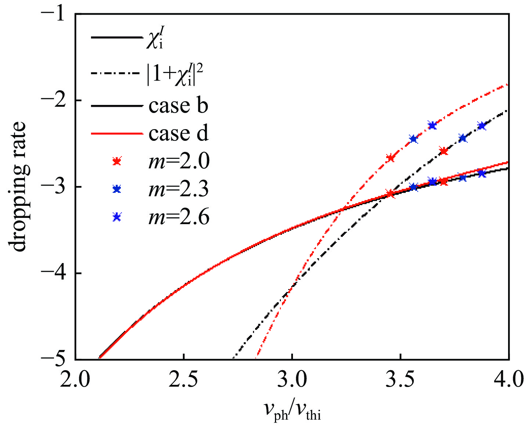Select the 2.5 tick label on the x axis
point(184,379)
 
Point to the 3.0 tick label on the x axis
point(292,379)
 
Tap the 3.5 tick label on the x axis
point(400,379)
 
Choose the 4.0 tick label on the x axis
point(508,379)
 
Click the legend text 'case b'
point(178,106)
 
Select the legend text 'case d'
point(178,134)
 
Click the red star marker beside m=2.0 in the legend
point(117,161)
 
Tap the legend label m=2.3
point(179,189)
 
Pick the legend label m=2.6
point(179,217)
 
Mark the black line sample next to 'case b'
point(116,106)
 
